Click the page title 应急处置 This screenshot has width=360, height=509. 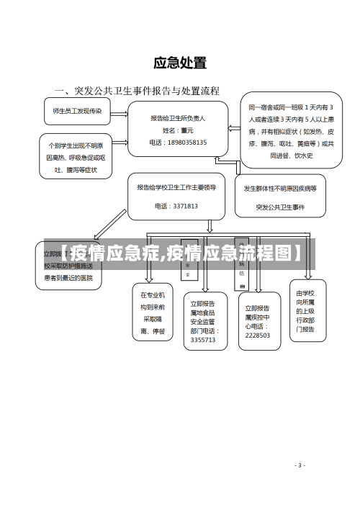click(x=180, y=63)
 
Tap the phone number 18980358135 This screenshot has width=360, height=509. click(x=178, y=143)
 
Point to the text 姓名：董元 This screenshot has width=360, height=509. click(x=178, y=130)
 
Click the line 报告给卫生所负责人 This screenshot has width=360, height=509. click(x=178, y=118)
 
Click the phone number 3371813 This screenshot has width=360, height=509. click(x=176, y=206)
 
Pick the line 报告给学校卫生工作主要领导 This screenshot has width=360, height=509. click(x=176, y=187)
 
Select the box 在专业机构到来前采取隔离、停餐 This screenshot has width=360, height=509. click(x=153, y=313)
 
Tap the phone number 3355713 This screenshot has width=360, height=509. click(x=203, y=340)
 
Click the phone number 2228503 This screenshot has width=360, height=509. click(x=257, y=335)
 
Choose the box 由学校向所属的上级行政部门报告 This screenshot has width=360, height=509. click(x=305, y=311)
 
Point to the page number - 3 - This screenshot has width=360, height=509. click(x=300, y=465)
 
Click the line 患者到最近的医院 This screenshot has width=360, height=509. click(x=68, y=278)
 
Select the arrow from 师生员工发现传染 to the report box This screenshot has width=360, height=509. click(x=118, y=113)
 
